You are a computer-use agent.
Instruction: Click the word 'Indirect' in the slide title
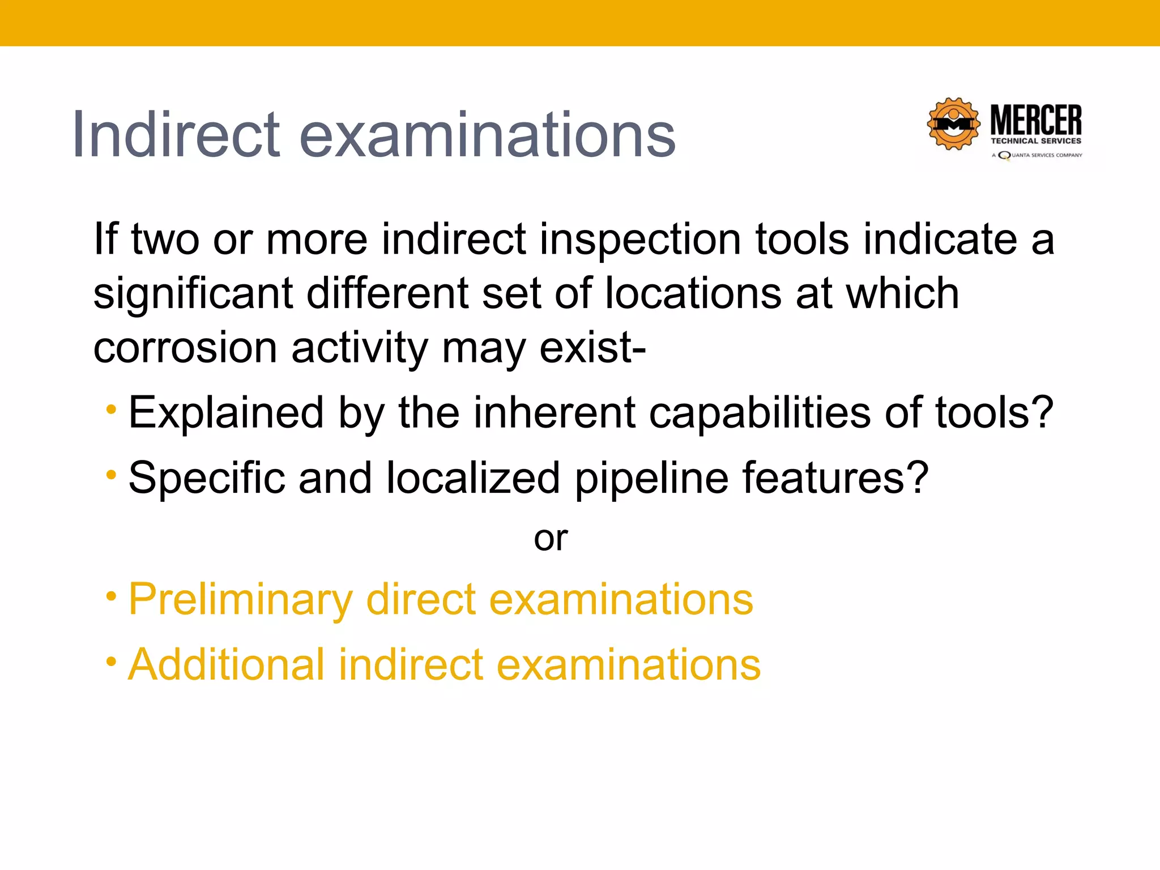176,135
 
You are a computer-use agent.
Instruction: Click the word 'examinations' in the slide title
487,135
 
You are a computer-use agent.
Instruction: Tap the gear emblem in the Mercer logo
954,124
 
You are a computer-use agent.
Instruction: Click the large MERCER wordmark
1036,120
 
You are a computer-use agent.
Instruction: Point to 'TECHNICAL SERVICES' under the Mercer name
1036,141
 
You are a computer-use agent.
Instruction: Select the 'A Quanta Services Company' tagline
1037,155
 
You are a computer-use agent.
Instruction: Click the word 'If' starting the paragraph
105,239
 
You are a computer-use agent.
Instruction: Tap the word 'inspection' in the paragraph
641,239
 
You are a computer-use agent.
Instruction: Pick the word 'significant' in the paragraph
193,293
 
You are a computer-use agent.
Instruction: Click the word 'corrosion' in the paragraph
185,347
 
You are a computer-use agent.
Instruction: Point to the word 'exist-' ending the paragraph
592,347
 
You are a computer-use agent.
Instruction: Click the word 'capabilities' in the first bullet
759,412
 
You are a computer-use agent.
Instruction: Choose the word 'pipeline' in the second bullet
651,478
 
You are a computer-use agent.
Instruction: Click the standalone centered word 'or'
551,538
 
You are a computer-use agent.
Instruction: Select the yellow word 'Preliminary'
241,599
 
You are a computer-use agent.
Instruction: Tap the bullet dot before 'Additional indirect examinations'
112,660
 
